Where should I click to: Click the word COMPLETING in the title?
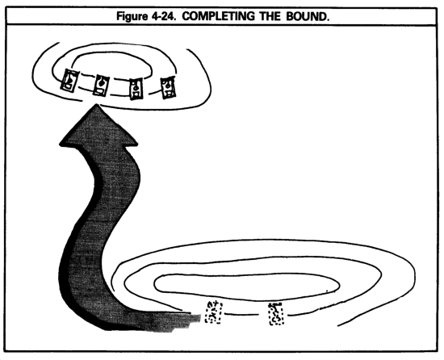click(218, 16)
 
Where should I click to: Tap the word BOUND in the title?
click(308, 16)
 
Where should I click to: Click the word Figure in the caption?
click(132, 17)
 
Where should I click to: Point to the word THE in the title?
click(270, 16)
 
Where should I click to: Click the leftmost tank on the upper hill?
click(69, 81)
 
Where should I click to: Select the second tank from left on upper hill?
click(101, 86)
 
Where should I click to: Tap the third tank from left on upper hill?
click(136, 89)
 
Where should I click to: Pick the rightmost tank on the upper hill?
click(168, 87)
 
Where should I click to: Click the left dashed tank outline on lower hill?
click(214, 312)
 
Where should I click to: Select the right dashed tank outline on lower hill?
click(276, 314)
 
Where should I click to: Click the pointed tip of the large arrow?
click(97, 104)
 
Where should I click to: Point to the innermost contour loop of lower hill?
click(247, 274)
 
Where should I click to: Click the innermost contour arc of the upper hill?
click(113, 52)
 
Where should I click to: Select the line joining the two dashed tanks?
click(241, 314)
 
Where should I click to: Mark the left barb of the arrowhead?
click(61, 144)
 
